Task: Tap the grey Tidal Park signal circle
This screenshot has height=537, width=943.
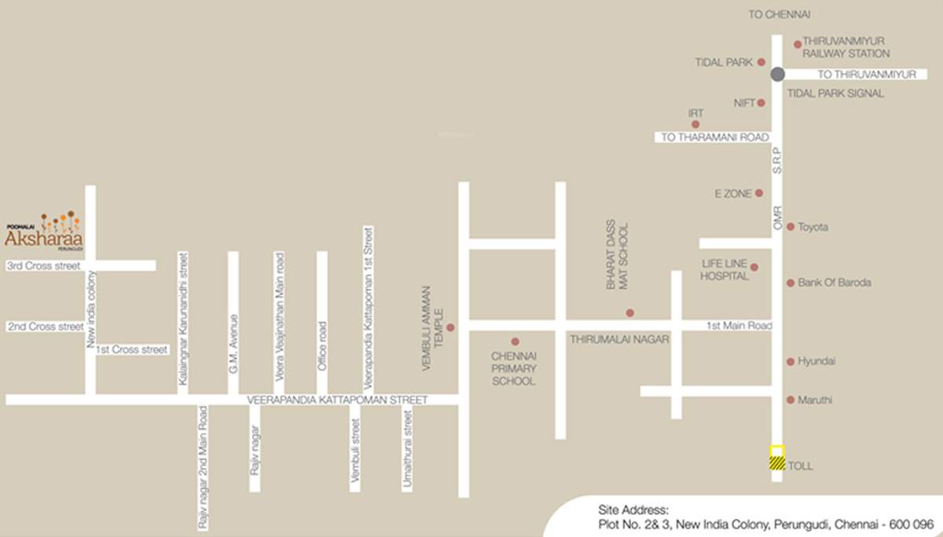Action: pyautogui.click(x=777, y=75)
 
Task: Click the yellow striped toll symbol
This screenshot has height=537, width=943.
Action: pyautogui.click(x=776, y=458)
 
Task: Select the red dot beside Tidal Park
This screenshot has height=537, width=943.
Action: pyautogui.click(x=761, y=62)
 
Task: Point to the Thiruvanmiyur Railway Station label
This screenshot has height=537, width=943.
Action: pyautogui.click(x=845, y=48)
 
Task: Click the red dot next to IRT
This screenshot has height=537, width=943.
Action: pyautogui.click(x=695, y=124)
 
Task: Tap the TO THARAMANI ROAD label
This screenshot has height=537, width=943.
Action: pyautogui.click(x=714, y=137)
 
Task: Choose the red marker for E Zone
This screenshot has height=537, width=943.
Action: pyautogui.click(x=759, y=193)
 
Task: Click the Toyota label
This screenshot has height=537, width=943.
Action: pyautogui.click(x=813, y=227)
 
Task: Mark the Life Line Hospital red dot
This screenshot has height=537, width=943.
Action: pyautogui.click(x=754, y=267)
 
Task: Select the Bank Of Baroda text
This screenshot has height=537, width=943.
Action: pyautogui.click(x=834, y=283)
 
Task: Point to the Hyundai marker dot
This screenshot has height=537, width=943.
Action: pyautogui.click(x=791, y=362)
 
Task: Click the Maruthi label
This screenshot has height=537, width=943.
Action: pyautogui.click(x=814, y=400)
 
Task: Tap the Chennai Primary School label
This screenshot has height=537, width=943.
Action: pyautogui.click(x=514, y=368)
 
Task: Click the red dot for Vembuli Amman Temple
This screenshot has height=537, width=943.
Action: pyautogui.click(x=450, y=327)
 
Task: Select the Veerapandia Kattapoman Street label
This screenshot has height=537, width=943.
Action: pyautogui.click(x=337, y=400)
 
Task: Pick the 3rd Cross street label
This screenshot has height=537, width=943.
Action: pyautogui.click(x=44, y=266)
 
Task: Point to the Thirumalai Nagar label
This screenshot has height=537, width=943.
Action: pyautogui.click(x=618, y=339)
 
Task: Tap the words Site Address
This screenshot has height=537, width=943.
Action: pyautogui.click(x=633, y=509)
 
